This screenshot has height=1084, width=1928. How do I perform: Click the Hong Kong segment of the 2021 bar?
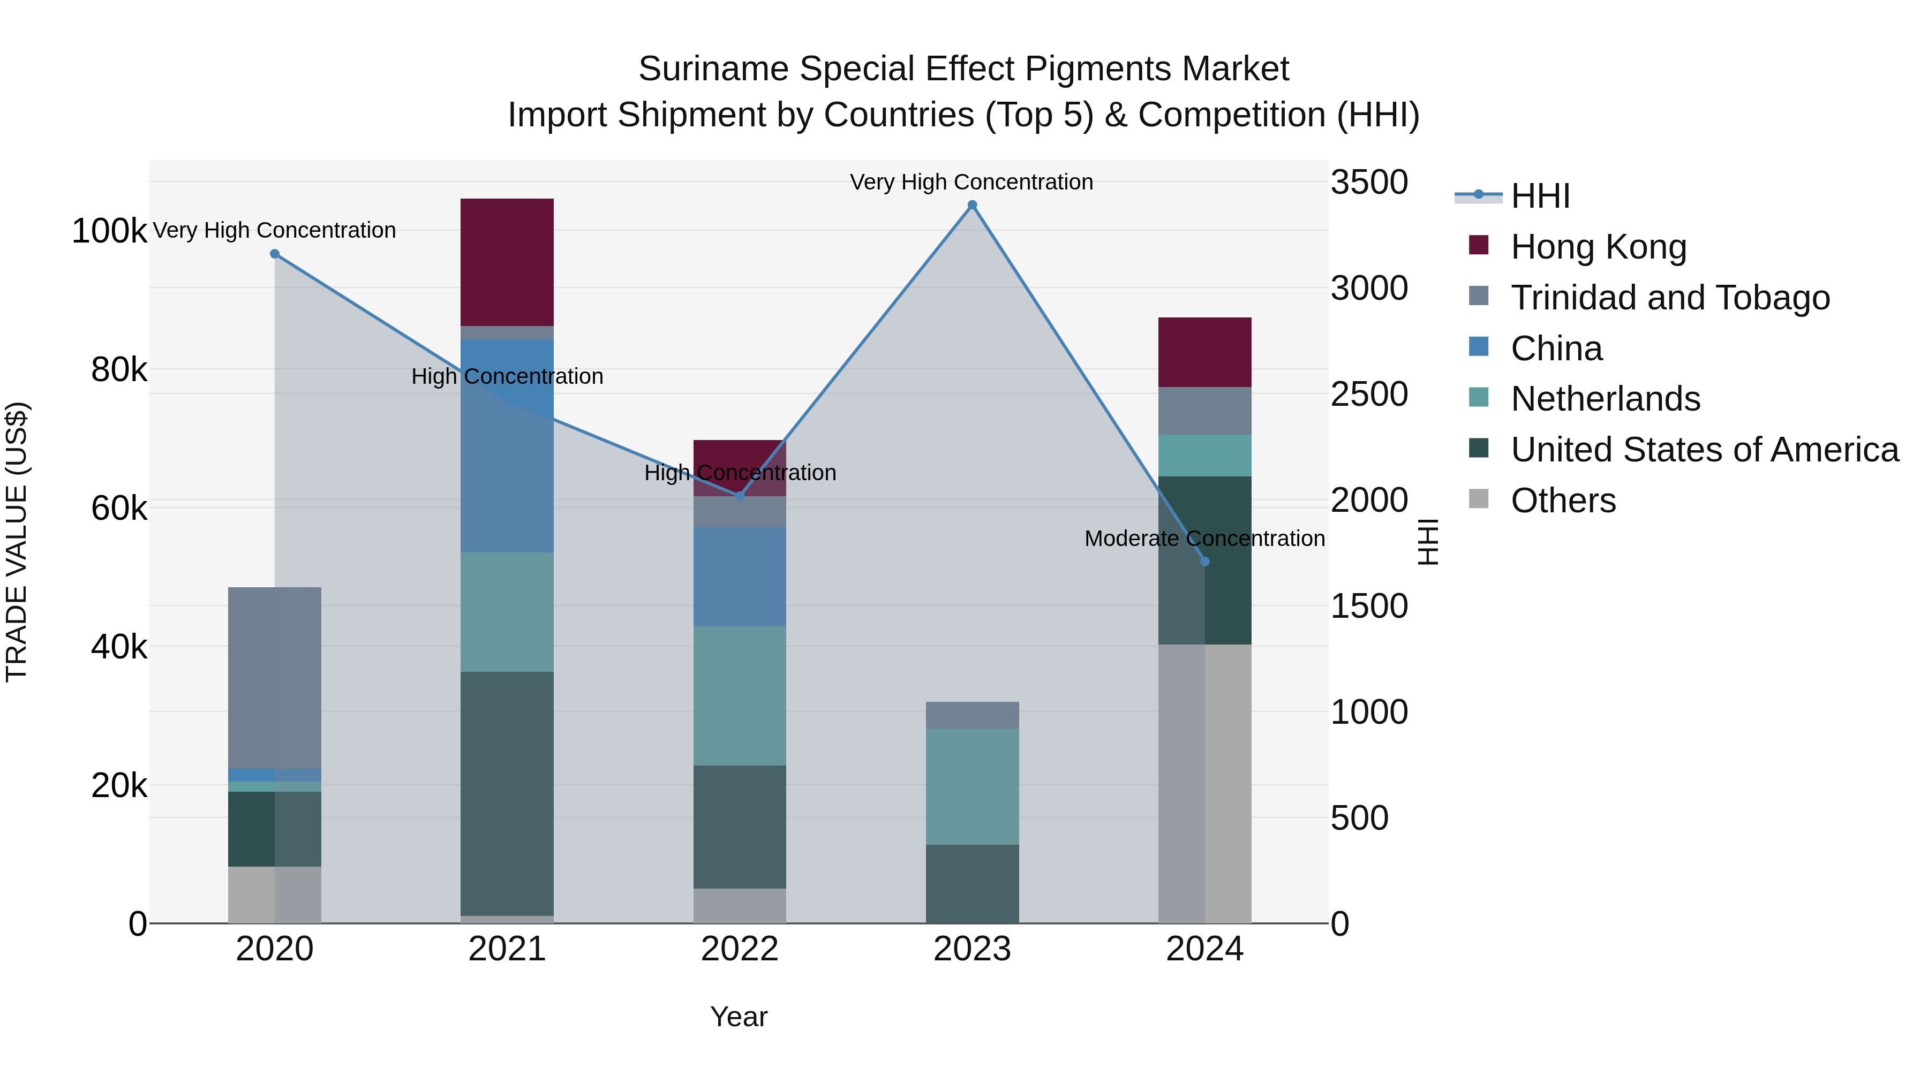tap(507, 262)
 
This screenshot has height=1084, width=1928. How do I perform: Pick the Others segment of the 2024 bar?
tap(1204, 783)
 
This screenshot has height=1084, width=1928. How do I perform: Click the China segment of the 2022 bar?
tap(740, 576)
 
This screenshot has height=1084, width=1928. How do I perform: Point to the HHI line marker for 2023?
tap(972, 205)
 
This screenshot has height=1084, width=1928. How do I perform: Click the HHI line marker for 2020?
tap(275, 254)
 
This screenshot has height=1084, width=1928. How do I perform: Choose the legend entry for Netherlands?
tap(1605, 399)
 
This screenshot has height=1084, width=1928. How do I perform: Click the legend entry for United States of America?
tap(1704, 450)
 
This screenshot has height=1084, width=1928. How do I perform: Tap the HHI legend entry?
tap(1540, 196)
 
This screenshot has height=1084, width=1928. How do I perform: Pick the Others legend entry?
tap(1563, 501)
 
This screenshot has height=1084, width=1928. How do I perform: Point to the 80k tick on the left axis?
tap(118, 369)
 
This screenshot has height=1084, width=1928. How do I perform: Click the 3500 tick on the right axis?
tap(1369, 183)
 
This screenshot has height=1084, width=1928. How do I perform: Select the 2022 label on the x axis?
tap(740, 949)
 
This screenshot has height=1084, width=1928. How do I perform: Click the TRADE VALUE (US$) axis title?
tap(17, 542)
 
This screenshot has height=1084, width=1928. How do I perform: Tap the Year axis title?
tap(738, 1017)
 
